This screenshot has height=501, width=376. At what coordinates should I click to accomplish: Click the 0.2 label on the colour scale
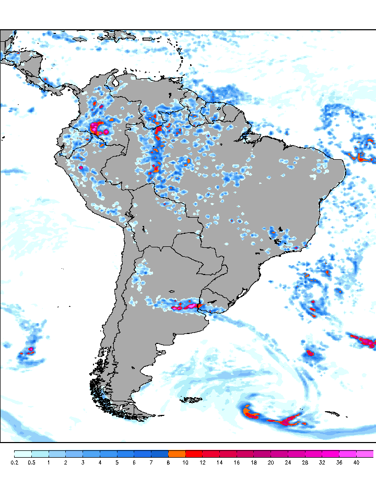[14, 462]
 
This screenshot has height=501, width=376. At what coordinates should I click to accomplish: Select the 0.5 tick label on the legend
[31, 462]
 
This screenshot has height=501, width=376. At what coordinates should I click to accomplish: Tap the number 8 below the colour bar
[168, 462]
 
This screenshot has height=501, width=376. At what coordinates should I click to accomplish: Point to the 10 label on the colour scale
[185, 462]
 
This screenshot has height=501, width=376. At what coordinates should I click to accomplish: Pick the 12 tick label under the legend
[203, 462]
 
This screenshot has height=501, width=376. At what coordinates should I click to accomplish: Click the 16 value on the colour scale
[237, 462]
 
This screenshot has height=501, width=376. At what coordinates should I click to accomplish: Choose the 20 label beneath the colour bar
[271, 462]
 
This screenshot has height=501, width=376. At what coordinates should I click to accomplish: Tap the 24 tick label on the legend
[288, 462]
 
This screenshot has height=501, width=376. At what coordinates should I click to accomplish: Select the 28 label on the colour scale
[305, 462]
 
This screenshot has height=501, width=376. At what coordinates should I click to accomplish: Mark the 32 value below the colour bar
[322, 462]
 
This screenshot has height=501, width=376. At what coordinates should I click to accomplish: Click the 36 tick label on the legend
[339, 462]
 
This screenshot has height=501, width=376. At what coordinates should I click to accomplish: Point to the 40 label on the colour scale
[356, 462]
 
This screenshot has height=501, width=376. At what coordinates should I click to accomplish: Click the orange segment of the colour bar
[177, 454]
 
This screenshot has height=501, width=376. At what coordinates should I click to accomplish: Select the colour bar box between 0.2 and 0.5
[23, 454]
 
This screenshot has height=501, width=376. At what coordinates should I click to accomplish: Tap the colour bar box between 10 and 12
[194, 454]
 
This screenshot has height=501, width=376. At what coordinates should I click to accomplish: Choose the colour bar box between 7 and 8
[160, 454]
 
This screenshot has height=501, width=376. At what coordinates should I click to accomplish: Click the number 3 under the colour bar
[83, 462]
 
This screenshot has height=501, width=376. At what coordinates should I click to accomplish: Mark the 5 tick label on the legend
[117, 462]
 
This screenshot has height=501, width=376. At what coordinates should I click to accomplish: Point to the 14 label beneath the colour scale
[220, 462]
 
